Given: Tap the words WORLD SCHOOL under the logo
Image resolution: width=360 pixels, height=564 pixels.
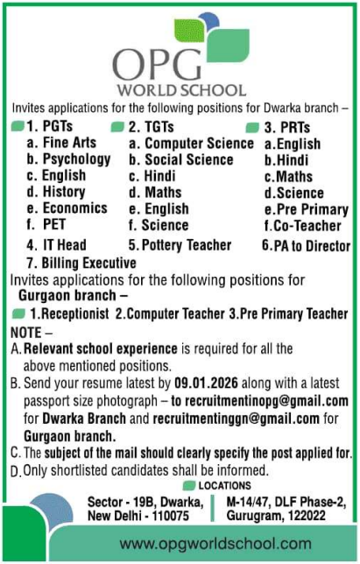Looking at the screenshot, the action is click(179, 89).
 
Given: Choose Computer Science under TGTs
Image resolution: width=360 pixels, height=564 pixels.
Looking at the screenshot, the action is click(191, 144).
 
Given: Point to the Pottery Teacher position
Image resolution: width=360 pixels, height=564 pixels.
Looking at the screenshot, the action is click(180, 245).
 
